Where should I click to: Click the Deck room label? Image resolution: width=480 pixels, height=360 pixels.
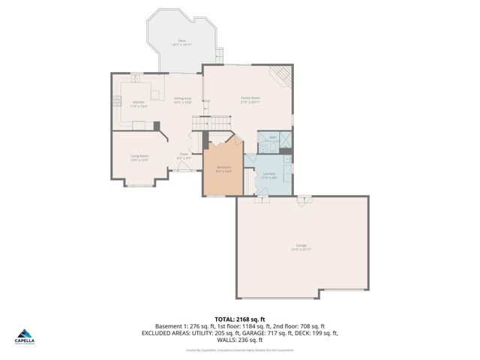[x=181, y=43]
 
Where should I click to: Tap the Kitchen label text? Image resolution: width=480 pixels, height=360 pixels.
[x=139, y=104]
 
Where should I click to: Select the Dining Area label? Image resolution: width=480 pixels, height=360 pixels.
[x=183, y=100]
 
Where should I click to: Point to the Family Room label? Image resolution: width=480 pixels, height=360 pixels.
[x=250, y=100]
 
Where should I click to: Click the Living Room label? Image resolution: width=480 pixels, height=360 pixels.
[x=139, y=158]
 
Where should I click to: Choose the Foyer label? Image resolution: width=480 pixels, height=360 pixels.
[x=183, y=156]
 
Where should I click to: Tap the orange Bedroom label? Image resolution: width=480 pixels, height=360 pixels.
[x=223, y=169]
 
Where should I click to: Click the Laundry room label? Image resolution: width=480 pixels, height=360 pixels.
[x=268, y=176]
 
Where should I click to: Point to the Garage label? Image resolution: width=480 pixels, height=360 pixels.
[x=301, y=247]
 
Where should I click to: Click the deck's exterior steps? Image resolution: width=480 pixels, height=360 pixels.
[x=220, y=55]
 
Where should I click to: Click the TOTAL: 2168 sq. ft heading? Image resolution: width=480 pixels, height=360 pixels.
[x=239, y=319]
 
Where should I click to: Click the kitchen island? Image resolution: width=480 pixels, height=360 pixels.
[x=155, y=94]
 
